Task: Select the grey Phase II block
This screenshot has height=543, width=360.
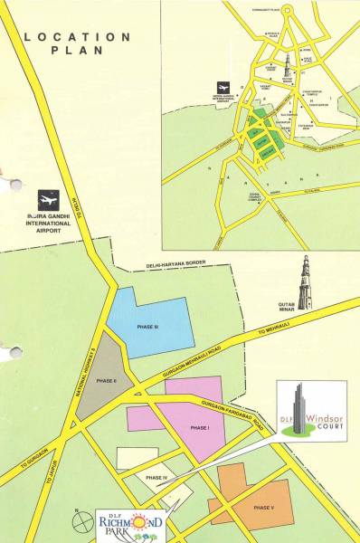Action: coord(101,380)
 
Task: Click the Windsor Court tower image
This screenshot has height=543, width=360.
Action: coord(296,406)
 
